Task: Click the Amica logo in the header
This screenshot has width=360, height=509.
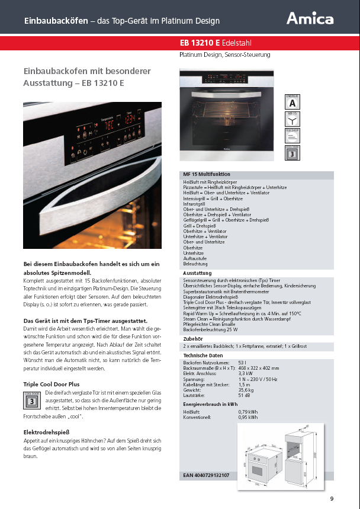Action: tap(310, 19)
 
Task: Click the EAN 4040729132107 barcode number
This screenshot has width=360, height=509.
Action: tap(206, 475)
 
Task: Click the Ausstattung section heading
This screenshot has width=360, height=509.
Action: tap(198, 273)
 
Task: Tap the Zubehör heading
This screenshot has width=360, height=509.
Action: tap(193, 338)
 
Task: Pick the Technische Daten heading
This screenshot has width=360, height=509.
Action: tap(202, 354)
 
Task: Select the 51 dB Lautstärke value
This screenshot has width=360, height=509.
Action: tap(243, 396)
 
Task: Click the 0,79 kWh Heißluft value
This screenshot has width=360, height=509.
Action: tap(247, 411)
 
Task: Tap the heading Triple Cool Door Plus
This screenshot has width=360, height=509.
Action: tap(51, 384)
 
